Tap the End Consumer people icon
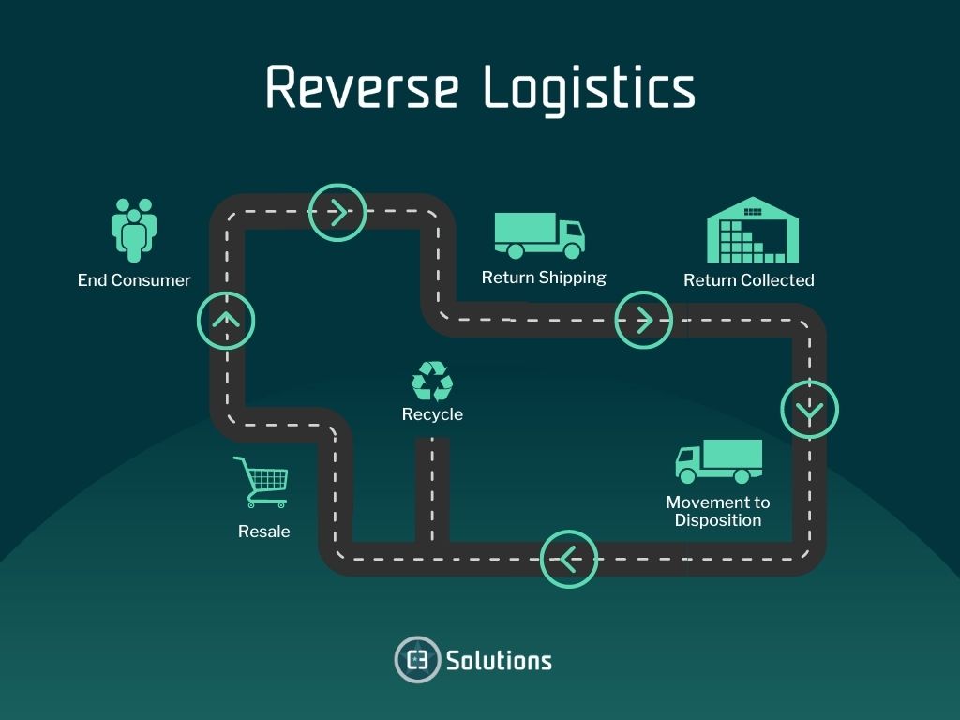click(134, 229)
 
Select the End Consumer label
click(134, 280)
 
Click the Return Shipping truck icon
click(539, 234)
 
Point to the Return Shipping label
click(544, 277)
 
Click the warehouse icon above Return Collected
click(752, 230)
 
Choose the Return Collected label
click(748, 280)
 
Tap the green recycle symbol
click(432, 382)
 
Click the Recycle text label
click(432, 414)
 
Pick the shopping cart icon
click(262, 482)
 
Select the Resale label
click(263, 532)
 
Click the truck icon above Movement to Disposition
click(718, 461)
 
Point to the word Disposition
click(717, 521)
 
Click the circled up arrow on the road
click(226, 321)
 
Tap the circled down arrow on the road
click(810, 410)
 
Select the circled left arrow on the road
click(569, 560)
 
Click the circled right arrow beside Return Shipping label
click(643, 320)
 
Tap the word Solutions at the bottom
click(499, 660)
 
